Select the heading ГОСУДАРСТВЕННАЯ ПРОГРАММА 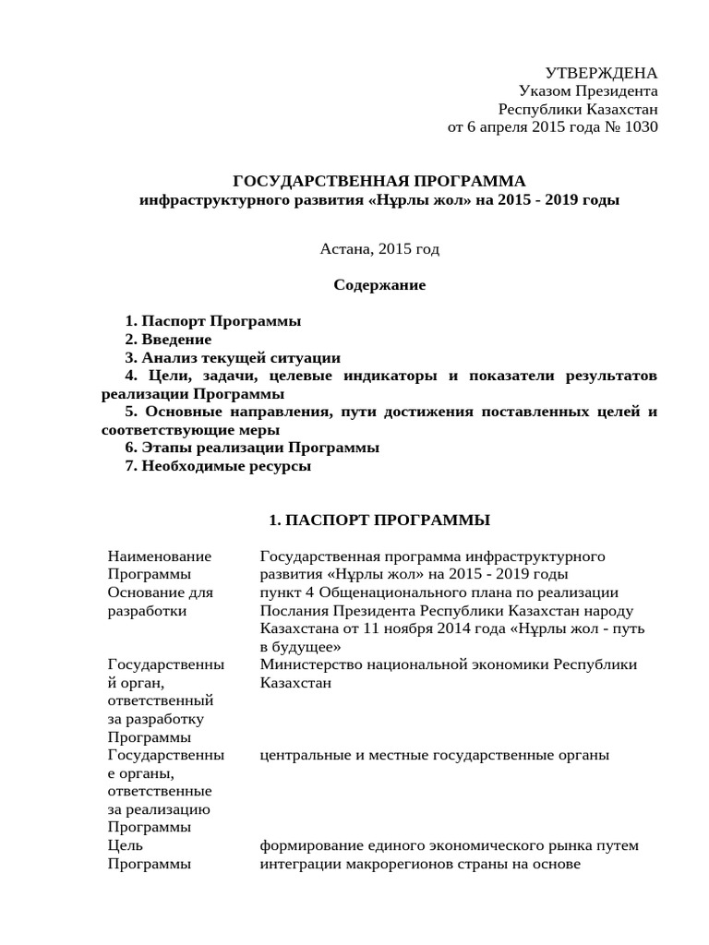pos(378,180)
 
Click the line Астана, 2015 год pos(379,248)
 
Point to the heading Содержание pos(379,285)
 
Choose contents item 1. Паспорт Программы pos(212,321)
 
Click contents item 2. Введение pos(174,340)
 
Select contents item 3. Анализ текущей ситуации pos(233,357)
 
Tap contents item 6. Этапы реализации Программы pos(252,448)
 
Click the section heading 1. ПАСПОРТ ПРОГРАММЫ pos(379,520)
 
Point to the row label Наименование pos(160,556)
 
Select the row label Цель pos(125,845)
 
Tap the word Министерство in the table pos(309,664)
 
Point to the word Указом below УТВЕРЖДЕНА pos(546,90)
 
